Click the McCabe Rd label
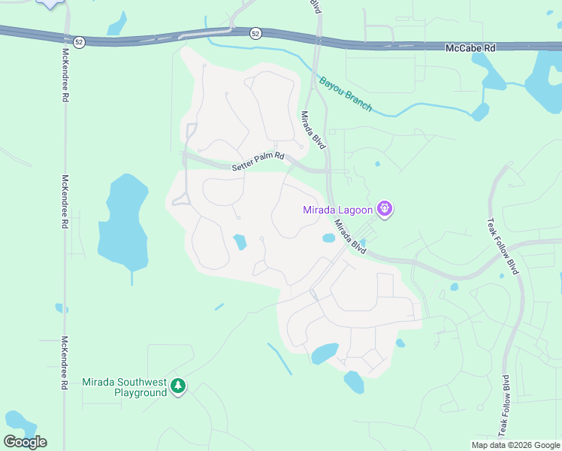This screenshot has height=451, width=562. (x=471, y=47)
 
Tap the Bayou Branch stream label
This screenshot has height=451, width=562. (x=345, y=94)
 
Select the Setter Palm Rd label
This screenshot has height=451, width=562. (x=258, y=161)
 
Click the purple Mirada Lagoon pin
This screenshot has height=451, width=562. (x=385, y=208)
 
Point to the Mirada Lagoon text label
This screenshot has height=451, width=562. (x=337, y=210)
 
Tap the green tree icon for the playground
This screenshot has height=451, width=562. (x=178, y=386)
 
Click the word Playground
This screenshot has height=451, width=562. (x=140, y=392)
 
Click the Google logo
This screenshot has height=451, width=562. (x=25, y=442)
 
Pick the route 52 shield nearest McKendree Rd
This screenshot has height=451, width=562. (x=79, y=41)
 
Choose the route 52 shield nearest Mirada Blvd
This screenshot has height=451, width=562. (x=255, y=33)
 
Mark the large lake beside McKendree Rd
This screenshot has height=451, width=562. (x=122, y=225)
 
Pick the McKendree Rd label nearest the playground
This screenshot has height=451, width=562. (x=65, y=362)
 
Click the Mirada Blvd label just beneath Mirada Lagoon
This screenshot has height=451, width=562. (x=350, y=235)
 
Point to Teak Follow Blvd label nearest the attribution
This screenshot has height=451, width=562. (x=503, y=406)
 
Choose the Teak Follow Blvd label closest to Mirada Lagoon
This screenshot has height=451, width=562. (x=514, y=246)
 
